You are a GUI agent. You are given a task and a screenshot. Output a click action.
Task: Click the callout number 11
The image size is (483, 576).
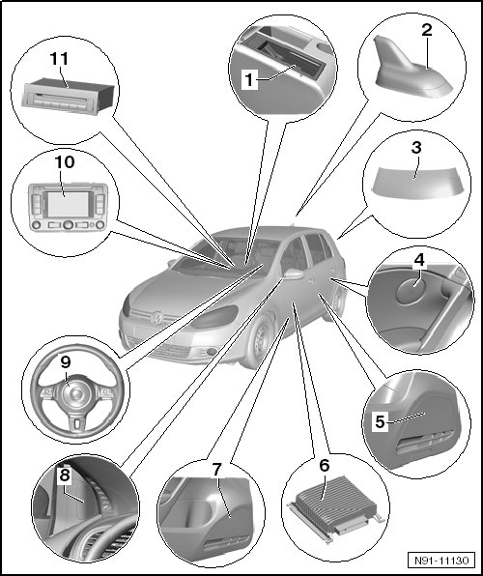click(x=59, y=59)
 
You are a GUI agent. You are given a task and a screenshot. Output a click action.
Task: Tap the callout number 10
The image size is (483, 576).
click(x=65, y=162)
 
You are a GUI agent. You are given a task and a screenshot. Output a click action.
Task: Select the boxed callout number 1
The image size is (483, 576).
click(x=250, y=79)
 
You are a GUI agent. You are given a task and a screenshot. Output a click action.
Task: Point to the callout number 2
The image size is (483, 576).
click(x=426, y=30)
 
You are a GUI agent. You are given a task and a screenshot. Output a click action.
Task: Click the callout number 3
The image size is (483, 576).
click(x=415, y=148)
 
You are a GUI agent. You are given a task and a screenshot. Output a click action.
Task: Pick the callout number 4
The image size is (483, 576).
click(x=419, y=260)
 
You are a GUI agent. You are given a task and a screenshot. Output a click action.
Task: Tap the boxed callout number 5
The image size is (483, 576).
click(x=380, y=421)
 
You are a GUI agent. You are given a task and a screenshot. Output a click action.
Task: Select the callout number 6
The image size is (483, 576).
click(x=325, y=466)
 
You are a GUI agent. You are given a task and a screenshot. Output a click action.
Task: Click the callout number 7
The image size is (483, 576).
click(x=216, y=469)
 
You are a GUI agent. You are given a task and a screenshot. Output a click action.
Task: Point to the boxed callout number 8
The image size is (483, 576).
click(x=65, y=475)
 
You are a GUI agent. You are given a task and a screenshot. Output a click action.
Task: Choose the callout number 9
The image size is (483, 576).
click(x=66, y=362)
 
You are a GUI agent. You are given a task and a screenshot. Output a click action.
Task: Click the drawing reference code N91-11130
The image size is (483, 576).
click(x=441, y=561)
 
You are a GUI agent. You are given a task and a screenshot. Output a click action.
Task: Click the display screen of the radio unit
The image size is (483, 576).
click(x=68, y=204)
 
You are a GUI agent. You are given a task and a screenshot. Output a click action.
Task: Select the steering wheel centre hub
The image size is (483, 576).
click(x=75, y=394)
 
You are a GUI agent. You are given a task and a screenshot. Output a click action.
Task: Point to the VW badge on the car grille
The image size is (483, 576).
click(x=157, y=318)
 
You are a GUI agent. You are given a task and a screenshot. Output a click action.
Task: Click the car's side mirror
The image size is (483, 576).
click(x=293, y=274)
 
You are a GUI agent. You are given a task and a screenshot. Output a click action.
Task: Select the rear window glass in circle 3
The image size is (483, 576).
click(x=416, y=183)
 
